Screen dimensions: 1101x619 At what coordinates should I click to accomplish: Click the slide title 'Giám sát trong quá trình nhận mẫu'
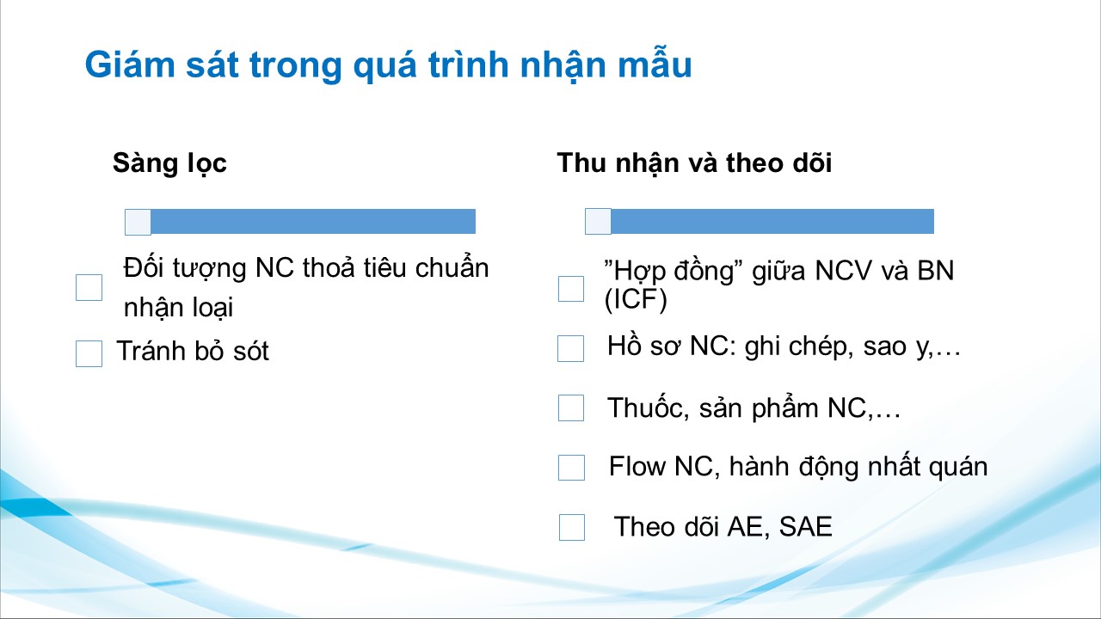click(388, 64)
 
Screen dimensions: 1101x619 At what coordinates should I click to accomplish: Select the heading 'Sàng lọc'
click(169, 163)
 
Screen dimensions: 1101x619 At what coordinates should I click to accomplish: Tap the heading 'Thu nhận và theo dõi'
click(694, 163)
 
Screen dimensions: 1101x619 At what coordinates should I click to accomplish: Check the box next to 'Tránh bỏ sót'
click(89, 353)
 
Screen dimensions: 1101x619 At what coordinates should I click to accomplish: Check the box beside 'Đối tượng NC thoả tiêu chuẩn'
click(89, 287)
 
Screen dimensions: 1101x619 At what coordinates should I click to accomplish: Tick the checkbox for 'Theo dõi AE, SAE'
click(572, 527)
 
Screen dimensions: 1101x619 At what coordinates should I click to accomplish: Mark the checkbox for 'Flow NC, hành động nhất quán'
click(572, 467)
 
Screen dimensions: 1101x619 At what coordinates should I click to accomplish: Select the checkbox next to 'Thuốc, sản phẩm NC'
click(571, 408)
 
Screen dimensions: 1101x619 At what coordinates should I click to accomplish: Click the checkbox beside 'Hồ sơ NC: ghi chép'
click(570, 348)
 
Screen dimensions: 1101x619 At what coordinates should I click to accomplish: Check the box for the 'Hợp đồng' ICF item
click(571, 288)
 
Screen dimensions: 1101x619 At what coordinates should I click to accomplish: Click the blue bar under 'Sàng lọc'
click(313, 222)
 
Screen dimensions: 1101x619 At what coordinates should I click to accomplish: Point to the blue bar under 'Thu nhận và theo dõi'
click(772, 222)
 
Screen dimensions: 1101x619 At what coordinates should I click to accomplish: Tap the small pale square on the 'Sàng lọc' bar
click(138, 222)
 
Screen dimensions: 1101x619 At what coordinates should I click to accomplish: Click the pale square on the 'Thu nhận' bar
click(598, 222)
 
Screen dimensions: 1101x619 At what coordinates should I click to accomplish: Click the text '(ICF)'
click(636, 299)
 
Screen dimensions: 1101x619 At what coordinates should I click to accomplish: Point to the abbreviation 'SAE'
click(806, 527)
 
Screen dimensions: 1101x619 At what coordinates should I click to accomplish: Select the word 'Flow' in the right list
click(637, 466)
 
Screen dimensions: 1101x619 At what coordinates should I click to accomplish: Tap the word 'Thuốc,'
click(648, 408)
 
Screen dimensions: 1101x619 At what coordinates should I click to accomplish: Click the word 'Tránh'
click(151, 351)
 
